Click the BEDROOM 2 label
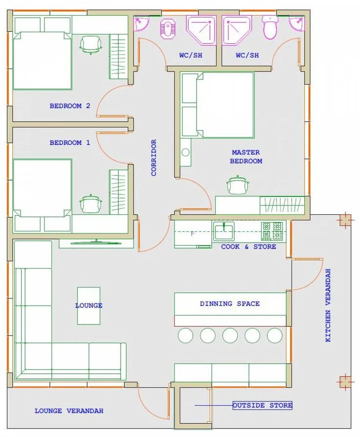point(69,106)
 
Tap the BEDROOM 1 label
point(69,143)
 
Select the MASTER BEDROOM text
point(246,157)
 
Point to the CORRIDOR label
point(154,158)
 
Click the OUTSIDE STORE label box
point(263,405)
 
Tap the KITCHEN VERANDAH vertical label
point(328,305)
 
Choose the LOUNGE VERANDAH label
point(69,411)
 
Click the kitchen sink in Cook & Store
point(224,231)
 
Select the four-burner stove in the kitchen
point(272,231)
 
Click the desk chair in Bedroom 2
point(91,45)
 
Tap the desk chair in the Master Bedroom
point(237,185)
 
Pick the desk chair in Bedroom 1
point(91,203)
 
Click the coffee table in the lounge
point(89,306)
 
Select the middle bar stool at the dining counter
point(230,335)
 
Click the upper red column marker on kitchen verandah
point(345,220)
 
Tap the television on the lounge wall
point(96,242)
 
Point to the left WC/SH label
point(191,55)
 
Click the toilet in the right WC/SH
point(270,27)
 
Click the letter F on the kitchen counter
point(192,234)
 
